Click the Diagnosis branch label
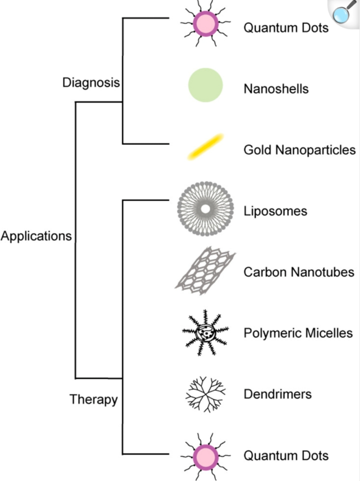coord(91,83)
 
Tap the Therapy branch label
coord(94,399)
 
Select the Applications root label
coord(36,236)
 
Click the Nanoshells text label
coord(276,89)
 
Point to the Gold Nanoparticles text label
coord(299,150)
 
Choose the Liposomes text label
coord(275,211)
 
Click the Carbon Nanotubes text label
coord(298,272)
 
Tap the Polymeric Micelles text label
coord(298,333)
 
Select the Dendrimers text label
coord(278,394)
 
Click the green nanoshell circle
coord(205,85)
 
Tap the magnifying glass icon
coord(344,12)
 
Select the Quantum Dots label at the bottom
coord(285,455)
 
